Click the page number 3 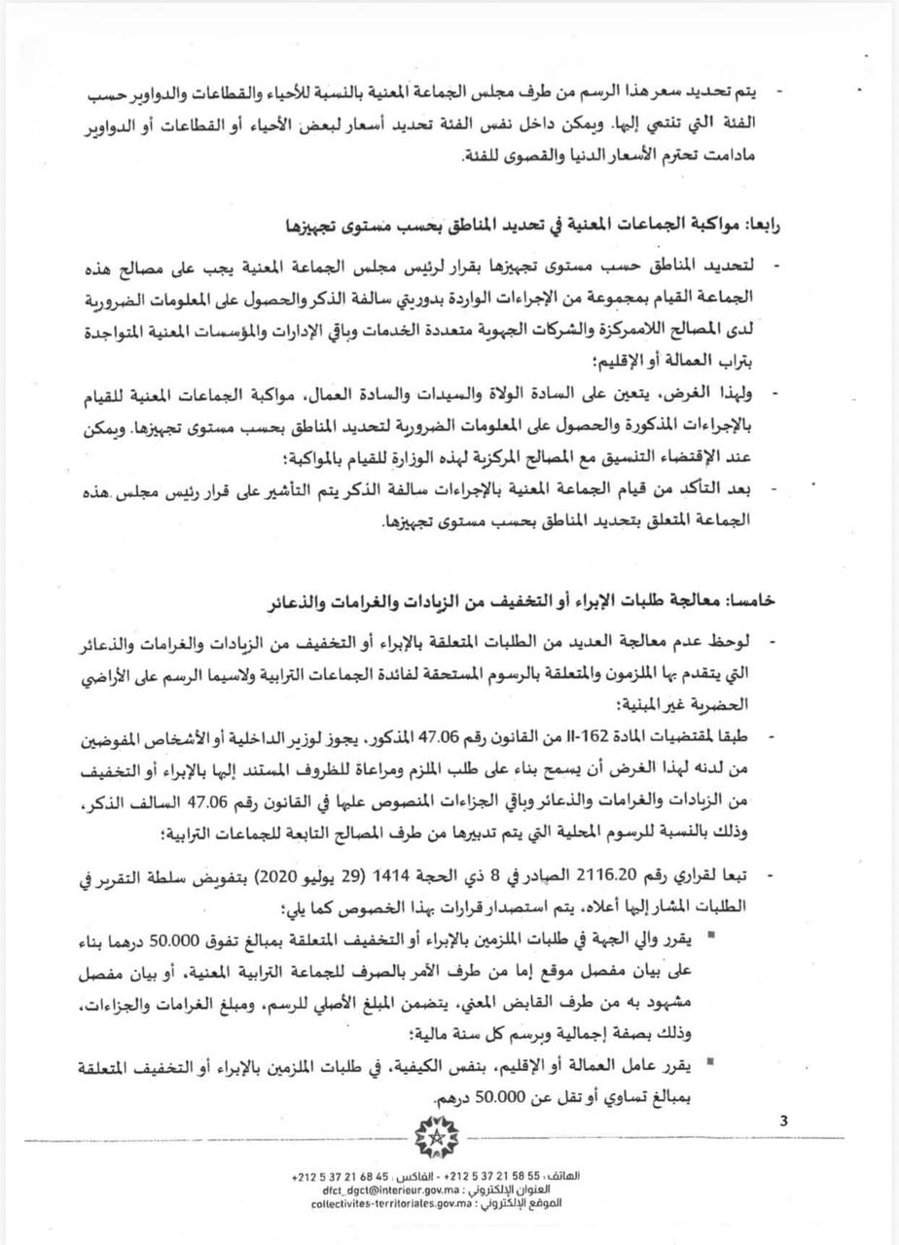(x=783, y=1121)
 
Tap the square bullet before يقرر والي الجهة (x=767, y=934)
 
